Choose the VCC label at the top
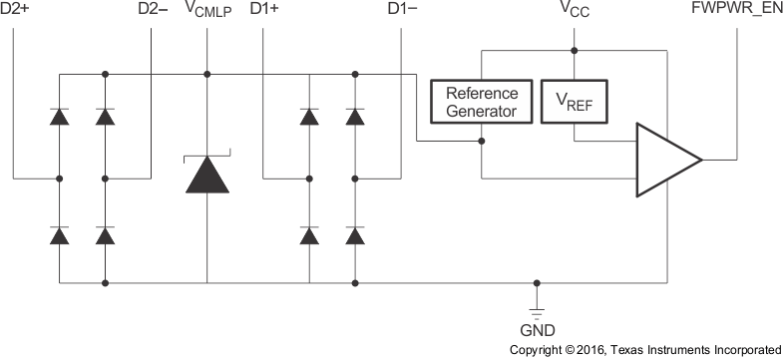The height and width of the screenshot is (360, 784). pyautogui.click(x=574, y=11)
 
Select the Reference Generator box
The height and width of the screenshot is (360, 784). pyautogui.click(x=482, y=101)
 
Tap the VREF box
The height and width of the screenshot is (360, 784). pyautogui.click(x=574, y=101)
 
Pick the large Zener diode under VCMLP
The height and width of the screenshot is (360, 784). pyautogui.click(x=207, y=175)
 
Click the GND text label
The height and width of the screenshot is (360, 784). pyautogui.click(x=537, y=329)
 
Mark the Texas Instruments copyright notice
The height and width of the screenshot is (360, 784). pyautogui.click(x=645, y=350)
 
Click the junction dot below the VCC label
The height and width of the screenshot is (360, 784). pyautogui.click(x=574, y=49)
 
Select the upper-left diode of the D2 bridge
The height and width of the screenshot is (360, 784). pyautogui.click(x=60, y=117)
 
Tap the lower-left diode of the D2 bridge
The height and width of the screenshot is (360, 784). pyautogui.click(x=60, y=235)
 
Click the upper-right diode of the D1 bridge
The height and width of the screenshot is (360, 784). pyautogui.click(x=354, y=117)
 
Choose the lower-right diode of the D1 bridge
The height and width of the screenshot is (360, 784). pyautogui.click(x=354, y=235)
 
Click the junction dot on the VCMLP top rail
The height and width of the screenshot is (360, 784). pyautogui.click(x=207, y=74)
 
